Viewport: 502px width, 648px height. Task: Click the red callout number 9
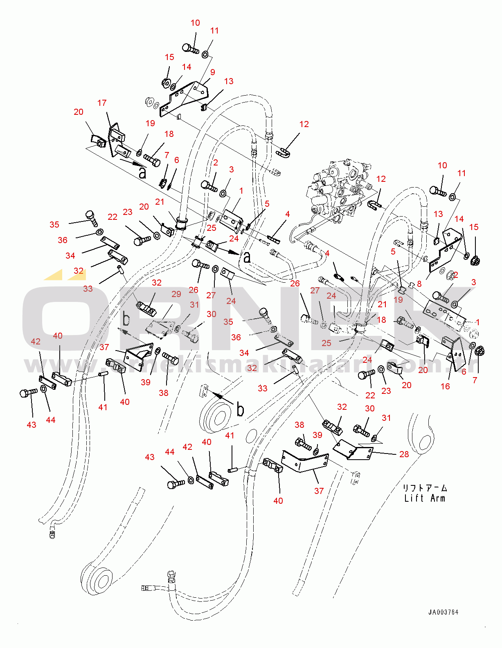tap(212, 72)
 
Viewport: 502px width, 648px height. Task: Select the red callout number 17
tap(102, 103)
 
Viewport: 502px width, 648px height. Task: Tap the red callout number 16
tap(445, 386)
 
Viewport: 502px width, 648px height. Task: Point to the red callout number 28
tap(404, 454)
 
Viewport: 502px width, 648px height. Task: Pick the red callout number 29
tap(176, 294)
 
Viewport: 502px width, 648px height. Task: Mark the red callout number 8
tap(419, 284)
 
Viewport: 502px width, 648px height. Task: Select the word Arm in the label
tap(437, 498)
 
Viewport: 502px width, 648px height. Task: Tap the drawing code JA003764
tap(443, 612)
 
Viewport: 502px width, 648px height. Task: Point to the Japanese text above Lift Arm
tap(425, 488)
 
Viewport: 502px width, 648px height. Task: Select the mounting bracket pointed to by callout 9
tap(184, 98)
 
